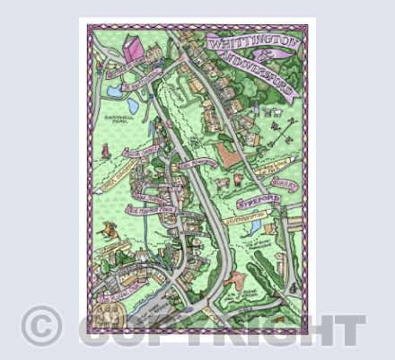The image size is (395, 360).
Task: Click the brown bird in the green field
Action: click(x=235, y=276)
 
